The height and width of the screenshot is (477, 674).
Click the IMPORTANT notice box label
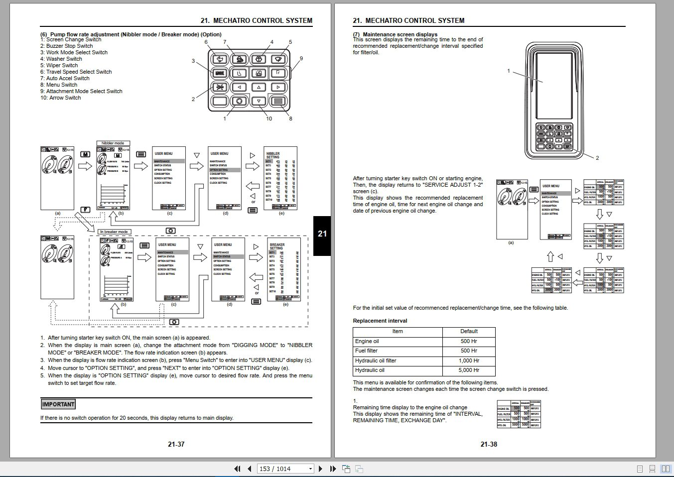pyautogui.click(x=58, y=404)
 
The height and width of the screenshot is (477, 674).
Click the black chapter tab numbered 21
pyautogui.click(x=322, y=234)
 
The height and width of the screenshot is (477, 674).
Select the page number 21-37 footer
pyautogui.click(x=176, y=444)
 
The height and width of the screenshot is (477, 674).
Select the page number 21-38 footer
pyautogui.click(x=489, y=444)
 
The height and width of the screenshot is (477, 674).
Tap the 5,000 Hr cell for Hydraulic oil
pyautogui.click(x=469, y=370)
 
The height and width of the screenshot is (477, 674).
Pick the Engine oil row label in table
pyautogui.click(x=367, y=342)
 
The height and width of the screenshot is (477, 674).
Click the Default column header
pyautogui.click(x=469, y=332)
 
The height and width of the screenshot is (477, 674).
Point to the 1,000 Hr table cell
pyautogui.click(x=469, y=361)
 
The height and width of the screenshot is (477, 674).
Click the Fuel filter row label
pyautogui.click(x=366, y=351)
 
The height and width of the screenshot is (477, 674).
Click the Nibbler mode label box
pyautogui.click(x=113, y=143)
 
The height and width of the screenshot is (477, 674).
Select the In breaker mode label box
pyautogui.click(x=115, y=232)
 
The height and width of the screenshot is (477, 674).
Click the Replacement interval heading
pyautogui.click(x=380, y=321)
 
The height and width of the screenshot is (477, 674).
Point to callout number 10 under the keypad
pyautogui.click(x=269, y=119)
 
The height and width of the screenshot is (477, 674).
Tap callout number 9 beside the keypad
pyautogui.click(x=301, y=58)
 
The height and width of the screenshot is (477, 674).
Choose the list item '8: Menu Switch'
pyautogui.click(x=59, y=85)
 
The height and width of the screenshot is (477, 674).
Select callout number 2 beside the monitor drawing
pyautogui.click(x=597, y=158)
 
